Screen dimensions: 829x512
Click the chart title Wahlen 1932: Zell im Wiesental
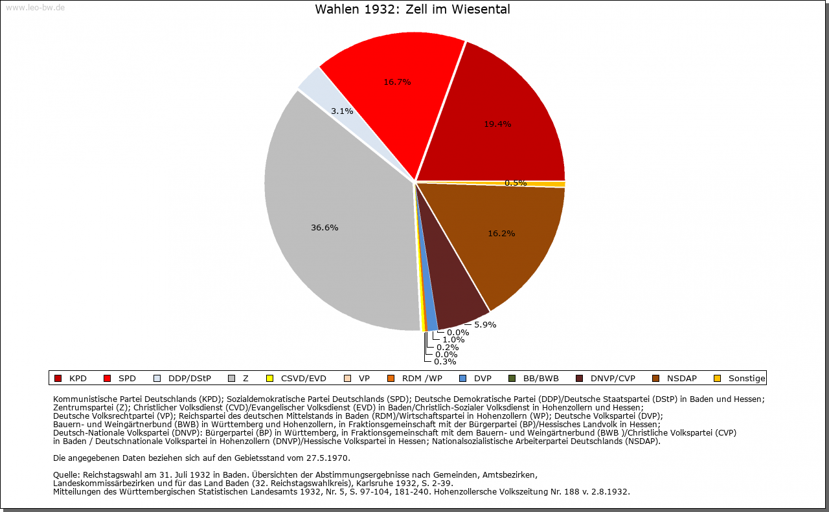click(413, 9)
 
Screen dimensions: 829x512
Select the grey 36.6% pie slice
click(333, 222)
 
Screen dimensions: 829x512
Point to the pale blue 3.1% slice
click(333, 100)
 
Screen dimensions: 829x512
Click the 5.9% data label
click(485, 325)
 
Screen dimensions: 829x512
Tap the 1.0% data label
click(453, 340)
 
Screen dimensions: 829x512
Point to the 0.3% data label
click(445, 362)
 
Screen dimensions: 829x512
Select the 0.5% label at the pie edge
click(516, 183)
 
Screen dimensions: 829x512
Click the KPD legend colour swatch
click(58, 379)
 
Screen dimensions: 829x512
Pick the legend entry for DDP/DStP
click(182, 379)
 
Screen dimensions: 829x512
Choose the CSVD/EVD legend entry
click(296, 379)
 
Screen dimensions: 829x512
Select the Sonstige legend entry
click(740, 379)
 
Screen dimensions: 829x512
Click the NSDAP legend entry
click(674, 379)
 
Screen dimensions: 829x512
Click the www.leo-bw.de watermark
click(35, 8)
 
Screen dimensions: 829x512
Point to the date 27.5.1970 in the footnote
click(327, 458)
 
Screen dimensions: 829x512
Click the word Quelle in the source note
click(66, 475)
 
